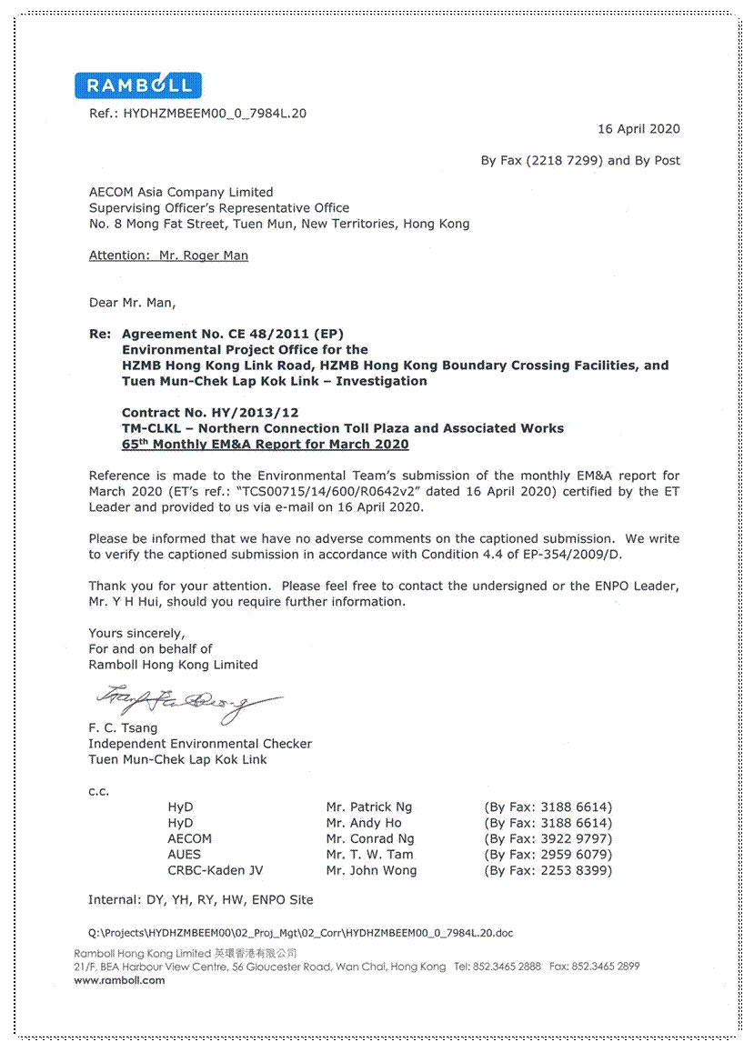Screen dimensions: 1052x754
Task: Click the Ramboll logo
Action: tap(138, 85)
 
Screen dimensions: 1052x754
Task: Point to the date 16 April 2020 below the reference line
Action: tap(638, 129)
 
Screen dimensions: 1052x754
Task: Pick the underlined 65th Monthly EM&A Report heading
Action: tap(265, 445)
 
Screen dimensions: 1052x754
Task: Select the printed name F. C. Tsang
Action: tap(123, 727)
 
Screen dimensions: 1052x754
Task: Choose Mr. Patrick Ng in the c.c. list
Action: tap(368, 807)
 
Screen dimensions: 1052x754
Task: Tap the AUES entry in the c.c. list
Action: tap(184, 855)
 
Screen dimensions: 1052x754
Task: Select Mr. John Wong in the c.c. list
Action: tap(371, 870)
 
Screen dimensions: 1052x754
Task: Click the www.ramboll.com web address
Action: tap(119, 980)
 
